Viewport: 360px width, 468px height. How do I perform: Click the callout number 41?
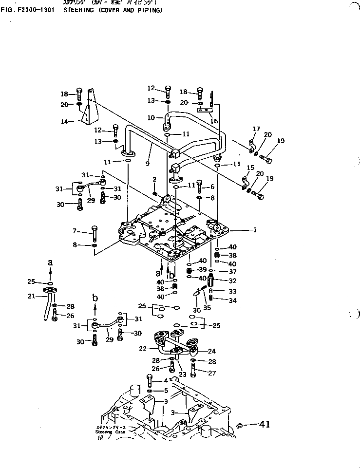pyautogui.click(x=265, y=425)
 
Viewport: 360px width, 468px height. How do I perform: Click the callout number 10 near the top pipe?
pyautogui.click(x=151, y=117)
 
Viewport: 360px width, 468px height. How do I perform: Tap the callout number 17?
pyautogui.click(x=255, y=129)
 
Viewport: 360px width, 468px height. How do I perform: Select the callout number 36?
pyautogui.click(x=197, y=310)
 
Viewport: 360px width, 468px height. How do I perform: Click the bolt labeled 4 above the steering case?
pyautogui.click(x=151, y=381)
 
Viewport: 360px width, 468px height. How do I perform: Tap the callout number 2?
pyautogui.click(x=154, y=179)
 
